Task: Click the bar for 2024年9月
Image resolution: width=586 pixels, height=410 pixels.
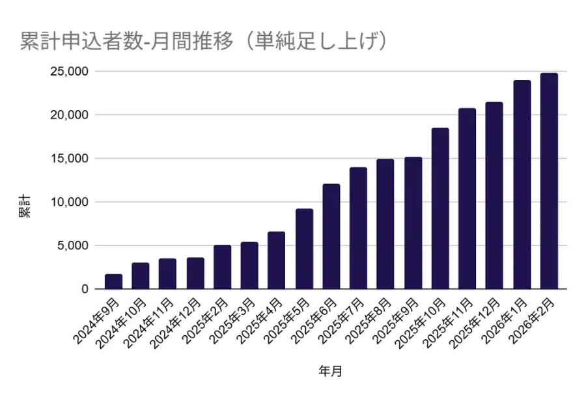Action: pos(113,281)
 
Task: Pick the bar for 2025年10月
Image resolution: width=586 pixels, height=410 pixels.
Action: pos(440,208)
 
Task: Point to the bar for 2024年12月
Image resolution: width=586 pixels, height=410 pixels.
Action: pos(195,273)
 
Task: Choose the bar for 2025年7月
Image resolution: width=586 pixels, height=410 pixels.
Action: pos(358,228)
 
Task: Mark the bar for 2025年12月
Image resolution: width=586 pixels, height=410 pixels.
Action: pos(494,195)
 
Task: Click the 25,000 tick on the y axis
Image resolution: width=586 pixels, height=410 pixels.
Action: pos(69,71)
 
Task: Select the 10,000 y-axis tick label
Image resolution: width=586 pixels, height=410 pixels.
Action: pos(69,202)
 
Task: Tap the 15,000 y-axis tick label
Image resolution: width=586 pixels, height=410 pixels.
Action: pos(69,158)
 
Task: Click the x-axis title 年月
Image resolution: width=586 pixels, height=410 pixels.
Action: pos(330,372)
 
